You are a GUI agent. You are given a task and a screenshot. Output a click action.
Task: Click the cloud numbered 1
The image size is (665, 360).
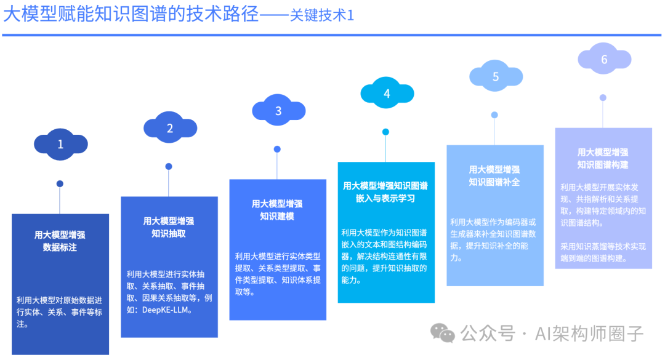[x=60, y=144]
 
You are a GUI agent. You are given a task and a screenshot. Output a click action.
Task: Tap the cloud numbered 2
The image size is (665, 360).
[x=170, y=128]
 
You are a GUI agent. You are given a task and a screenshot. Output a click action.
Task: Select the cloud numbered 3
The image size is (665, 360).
[x=278, y=111]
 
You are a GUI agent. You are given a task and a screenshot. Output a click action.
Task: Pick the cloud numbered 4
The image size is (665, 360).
[x=387, y=94]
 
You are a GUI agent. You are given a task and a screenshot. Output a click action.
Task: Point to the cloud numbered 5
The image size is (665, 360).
[x=496, y=76]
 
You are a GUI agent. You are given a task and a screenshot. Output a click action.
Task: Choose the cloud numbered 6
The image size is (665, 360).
[x=604, y=59]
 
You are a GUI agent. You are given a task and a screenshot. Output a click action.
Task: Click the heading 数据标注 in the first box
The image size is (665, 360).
[x=60, y=247]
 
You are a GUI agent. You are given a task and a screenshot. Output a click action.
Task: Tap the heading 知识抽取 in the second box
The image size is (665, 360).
[x=169, y=234]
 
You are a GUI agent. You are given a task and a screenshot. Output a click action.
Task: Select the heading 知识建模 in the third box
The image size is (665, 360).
[x=277, y=217]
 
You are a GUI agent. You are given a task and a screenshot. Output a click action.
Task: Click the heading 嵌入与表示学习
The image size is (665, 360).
[x=385, y=199]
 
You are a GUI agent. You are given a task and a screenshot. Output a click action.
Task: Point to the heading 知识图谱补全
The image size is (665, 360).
[x=494, y=182]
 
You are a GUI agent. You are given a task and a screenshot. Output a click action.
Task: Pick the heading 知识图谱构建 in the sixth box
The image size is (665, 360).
[x=603, y=165]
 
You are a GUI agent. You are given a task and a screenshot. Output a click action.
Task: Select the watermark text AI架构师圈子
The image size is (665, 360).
[x=589, y=334]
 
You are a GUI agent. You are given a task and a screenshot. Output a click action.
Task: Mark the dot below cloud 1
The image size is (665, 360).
[x=60, y=183]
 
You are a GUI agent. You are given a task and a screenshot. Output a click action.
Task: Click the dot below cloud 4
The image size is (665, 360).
[x=385, y=132]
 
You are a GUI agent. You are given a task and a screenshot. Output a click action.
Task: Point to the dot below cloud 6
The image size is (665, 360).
[x=603, y=97]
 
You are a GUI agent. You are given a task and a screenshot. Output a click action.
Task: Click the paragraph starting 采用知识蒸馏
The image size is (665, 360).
[x=603, y=252]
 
